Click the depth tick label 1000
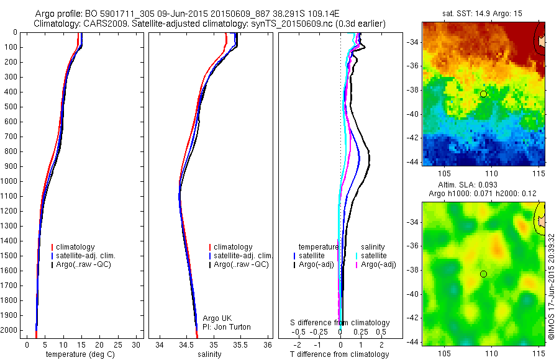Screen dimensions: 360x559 click(x=9, y=181)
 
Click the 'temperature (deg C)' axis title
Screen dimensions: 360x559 click(x=76, y=354)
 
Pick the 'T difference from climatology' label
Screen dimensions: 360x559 click(x=339, y=354)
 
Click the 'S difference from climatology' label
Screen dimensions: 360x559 click(x=340, y=323)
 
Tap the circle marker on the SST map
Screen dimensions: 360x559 click(x=483, y=94)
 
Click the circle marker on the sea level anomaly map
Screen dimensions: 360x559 click(x=483, y=274)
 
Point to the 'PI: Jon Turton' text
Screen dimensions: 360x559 click(x=227, y=327)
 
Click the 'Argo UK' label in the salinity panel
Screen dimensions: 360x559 click(x=217, y=318)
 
